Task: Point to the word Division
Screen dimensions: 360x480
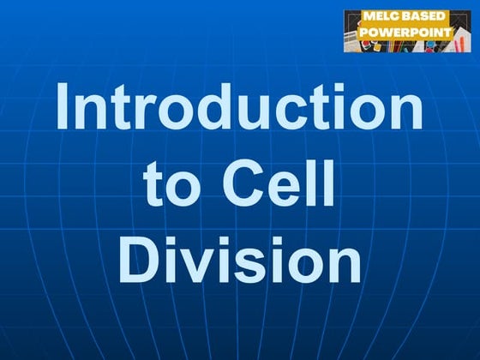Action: coord(239,258)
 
